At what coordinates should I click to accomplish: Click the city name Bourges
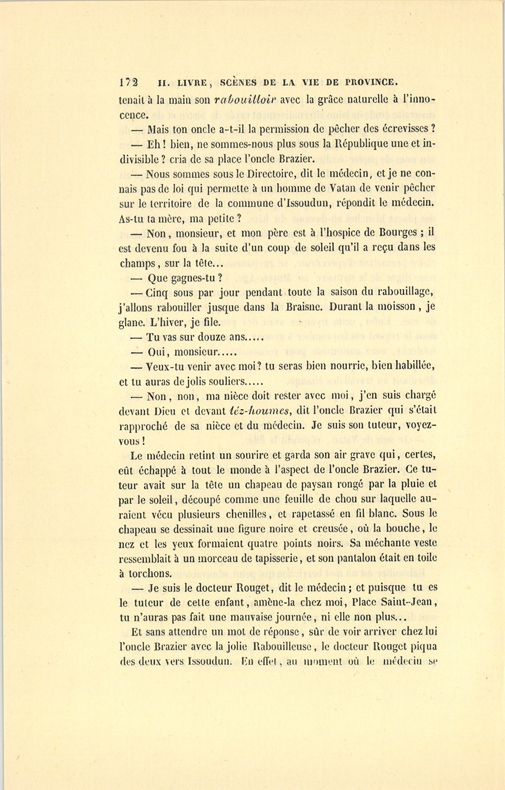coord(391,232)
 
